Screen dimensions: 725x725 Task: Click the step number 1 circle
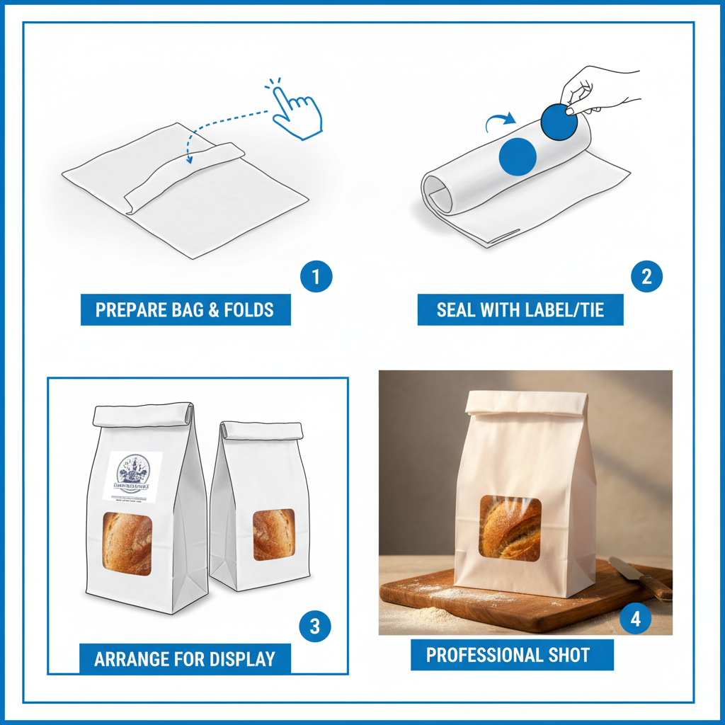tap(316, 277)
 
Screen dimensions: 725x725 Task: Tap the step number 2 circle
tap(646, 277)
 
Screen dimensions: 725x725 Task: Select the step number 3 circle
tap(315, 626)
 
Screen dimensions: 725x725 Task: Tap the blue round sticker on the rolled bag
tap(518, 156)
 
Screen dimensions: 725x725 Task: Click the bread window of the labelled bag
tap(127, 542)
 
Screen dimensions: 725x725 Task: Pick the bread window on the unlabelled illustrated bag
tap(273, 534)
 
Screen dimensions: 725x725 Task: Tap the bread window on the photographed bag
tap(510, 528)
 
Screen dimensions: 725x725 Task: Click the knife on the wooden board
tap(641, 578)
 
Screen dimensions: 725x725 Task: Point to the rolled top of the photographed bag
tap(526, 403)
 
